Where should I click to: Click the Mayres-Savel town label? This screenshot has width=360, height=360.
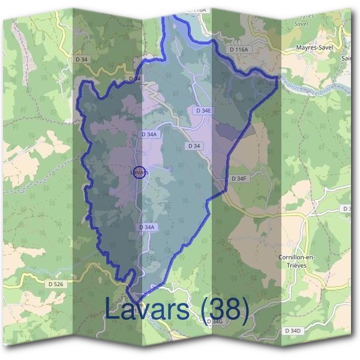[x=314, y=46]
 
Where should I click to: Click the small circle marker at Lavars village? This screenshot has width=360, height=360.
[x=139, y=172]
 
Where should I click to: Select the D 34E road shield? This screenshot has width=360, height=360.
[x=203, y=111]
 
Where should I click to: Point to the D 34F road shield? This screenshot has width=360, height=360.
[x=239, y=179]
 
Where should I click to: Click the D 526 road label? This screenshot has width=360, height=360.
[x=55, y=282]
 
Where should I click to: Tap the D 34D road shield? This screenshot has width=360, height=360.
[x=292, y=331]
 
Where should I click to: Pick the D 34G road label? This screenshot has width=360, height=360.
[x=214, y=322]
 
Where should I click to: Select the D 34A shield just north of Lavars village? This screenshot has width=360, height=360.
[x=149, y=135]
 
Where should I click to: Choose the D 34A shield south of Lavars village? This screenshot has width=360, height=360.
[x=147, y=227]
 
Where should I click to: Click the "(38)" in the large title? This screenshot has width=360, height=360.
[x=225, y=310]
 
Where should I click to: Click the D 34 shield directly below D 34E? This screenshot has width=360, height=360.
[x=194, y=146]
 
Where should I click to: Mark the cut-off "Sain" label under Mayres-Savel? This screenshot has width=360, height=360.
[x=346, y=59]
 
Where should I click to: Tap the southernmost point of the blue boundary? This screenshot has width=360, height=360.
[x=133, y=302]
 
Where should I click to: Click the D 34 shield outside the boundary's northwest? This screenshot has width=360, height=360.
[x=82, y=59]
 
